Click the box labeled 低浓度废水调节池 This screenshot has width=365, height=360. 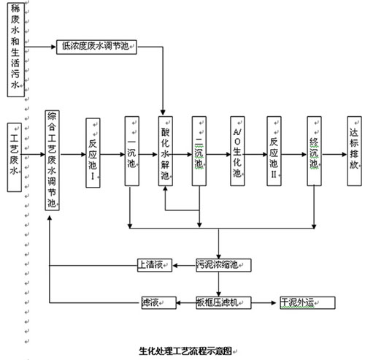point(96,47)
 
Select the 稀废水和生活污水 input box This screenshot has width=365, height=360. point(16,50)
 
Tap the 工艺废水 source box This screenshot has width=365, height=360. point(15,157)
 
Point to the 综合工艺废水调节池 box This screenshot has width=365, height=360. point(52,161)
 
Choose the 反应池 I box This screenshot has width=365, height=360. point(93,153)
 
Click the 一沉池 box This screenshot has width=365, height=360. point(132,151)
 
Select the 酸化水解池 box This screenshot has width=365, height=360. point(166,151)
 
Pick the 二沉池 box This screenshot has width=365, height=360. point(199,151)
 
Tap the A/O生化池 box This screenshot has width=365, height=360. point(237,151)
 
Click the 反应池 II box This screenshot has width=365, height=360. point(274,151)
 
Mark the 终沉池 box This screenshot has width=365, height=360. point(314,151)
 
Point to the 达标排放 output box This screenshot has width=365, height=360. point(354,151)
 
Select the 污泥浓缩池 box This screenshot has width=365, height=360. point(223,265)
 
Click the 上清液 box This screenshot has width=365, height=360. point(155,265)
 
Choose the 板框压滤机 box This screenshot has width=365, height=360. point(223,303)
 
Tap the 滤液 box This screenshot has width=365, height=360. point(159,303)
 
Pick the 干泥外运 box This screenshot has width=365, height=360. point(307,303)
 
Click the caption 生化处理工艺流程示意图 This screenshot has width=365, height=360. point(185,351)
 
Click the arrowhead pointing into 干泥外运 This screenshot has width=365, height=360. point(274,303)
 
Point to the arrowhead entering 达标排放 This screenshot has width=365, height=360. point(345,154)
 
